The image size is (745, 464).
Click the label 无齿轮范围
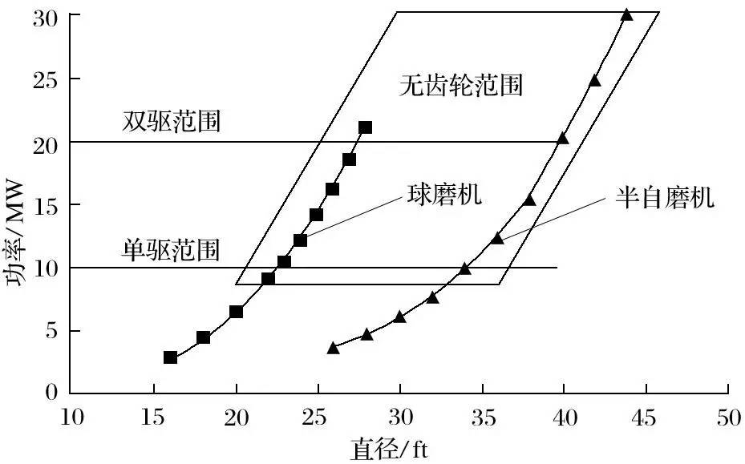pos(460,85)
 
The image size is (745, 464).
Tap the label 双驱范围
pos(172,121)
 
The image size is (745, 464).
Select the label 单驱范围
pos(171,248)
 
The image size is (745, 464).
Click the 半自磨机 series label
pos(665,198)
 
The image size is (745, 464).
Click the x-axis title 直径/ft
pos(390,449)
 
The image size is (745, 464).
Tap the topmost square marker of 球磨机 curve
pos(366,127)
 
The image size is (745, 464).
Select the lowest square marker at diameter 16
pos(170,357)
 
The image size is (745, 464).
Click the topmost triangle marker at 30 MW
pos(626,15)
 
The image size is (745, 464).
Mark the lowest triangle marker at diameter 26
pos(334,348)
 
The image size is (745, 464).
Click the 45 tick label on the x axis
pos(646,418)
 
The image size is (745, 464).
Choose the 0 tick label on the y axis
pos(52,393)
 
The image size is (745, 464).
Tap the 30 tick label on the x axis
pos(399,418)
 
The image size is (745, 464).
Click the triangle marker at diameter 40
pos(562,139)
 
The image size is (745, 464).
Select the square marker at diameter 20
pos(236,312)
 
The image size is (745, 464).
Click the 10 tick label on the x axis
pos(71,418)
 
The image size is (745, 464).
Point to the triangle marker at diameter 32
pos(432,297)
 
